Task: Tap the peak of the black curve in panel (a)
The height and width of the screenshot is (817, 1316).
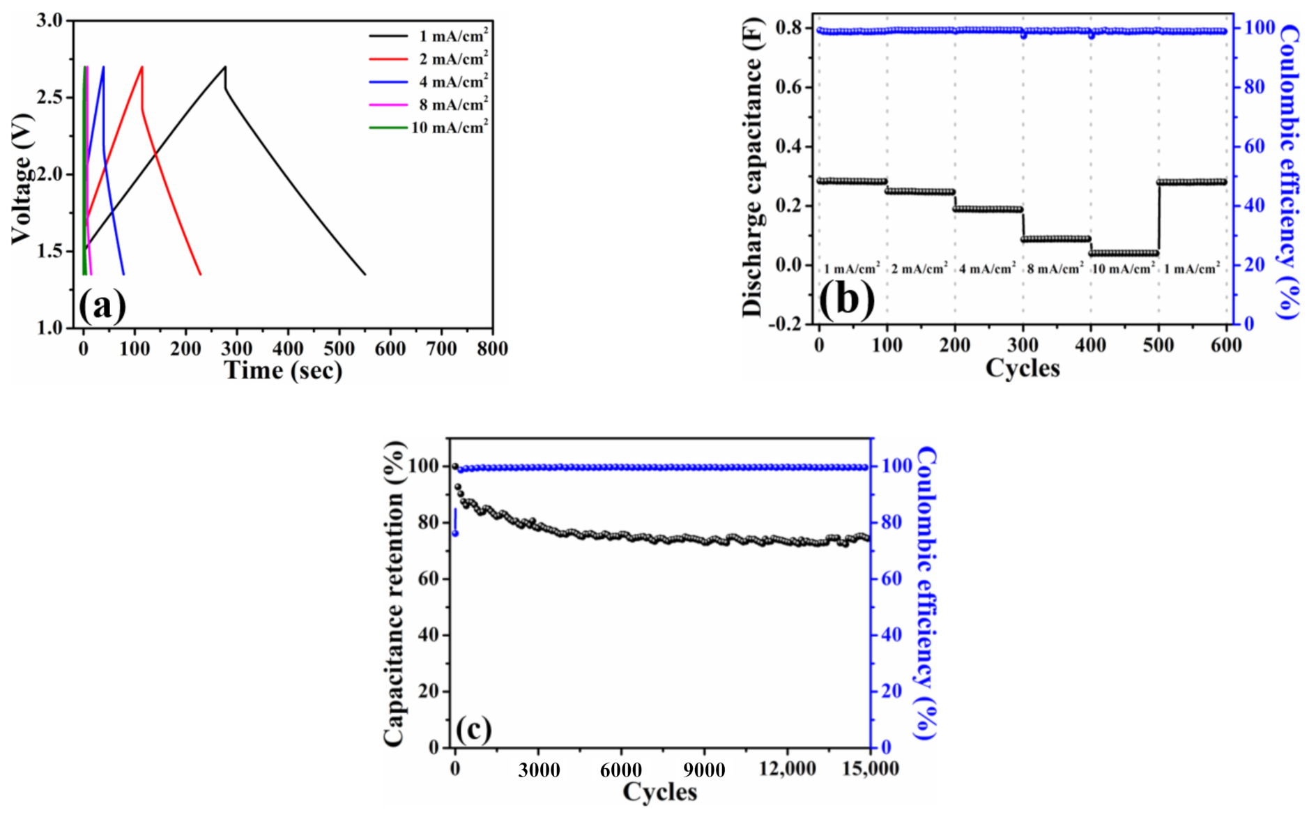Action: (x=224, y=67)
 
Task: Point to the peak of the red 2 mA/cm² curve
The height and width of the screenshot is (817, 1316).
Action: (x=142, y=67)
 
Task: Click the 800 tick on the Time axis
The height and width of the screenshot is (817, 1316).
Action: (x=492, y=349)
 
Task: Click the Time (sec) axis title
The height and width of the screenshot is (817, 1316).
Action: (x=283, y=370)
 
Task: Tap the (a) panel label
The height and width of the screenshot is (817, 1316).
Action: (x=102, y=305)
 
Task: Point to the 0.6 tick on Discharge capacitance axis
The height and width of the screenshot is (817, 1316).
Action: (x=789, y=88)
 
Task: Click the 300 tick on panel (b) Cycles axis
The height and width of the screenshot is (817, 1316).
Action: (x=1023, y=345)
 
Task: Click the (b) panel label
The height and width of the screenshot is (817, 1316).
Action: (x=846, y=298)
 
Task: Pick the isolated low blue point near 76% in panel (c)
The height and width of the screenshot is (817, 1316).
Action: (x=455, y=533)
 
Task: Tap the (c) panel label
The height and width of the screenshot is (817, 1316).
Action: (x=473, y=729)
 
